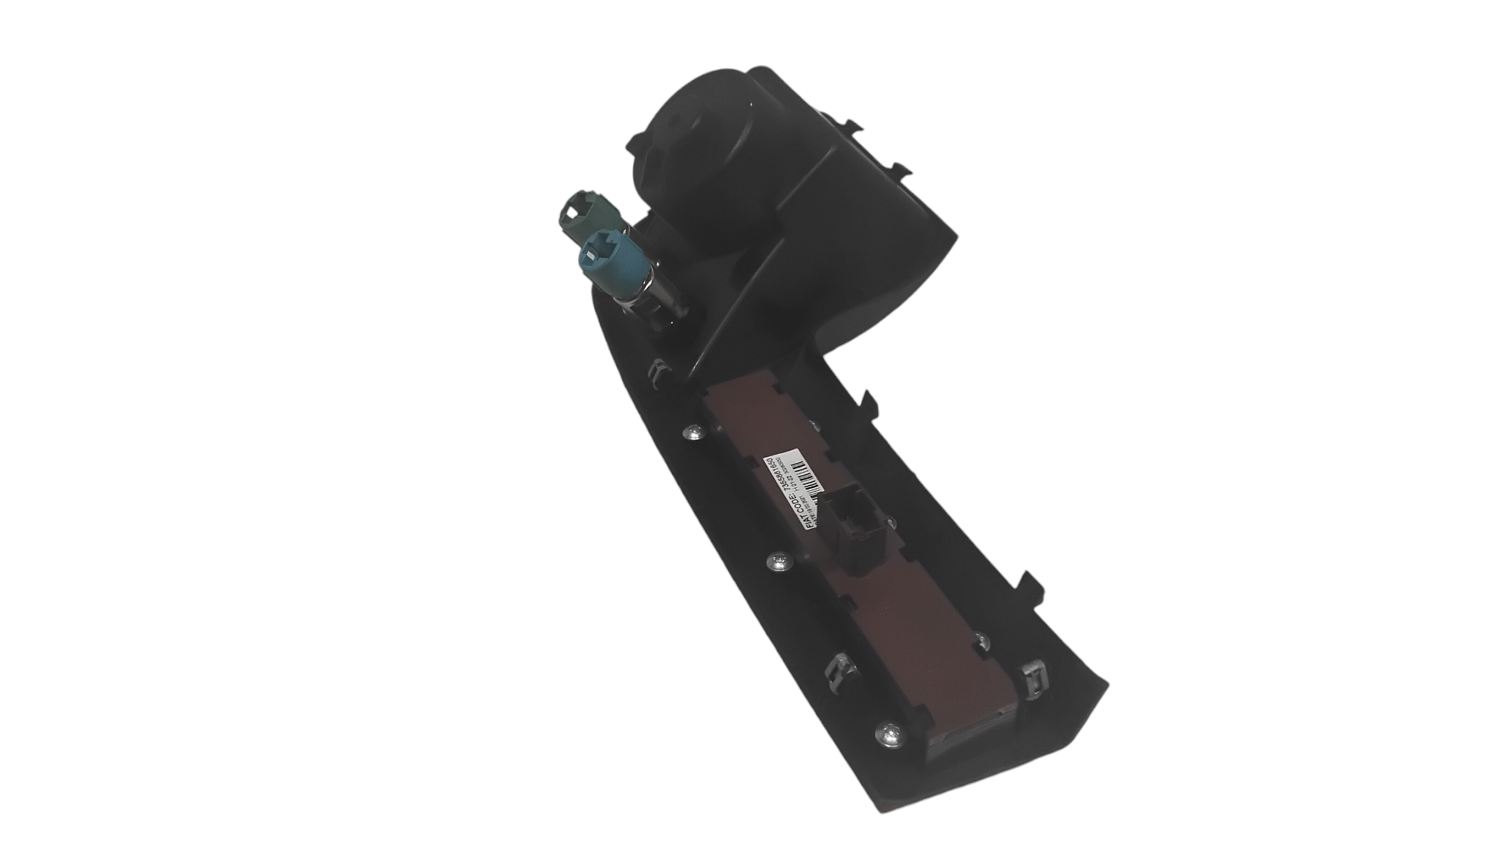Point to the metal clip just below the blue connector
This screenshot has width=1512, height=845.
658,371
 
